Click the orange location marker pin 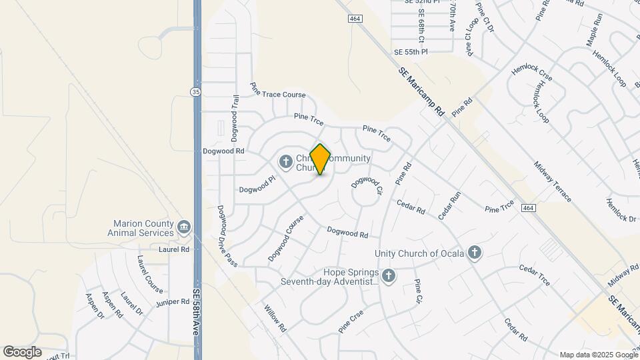pyautogui.click(x=321, y=159)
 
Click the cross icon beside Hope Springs pyautogui.click(x=389, y=275)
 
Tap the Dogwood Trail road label pyautogui.click(x=235, y=117)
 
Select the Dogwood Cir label pyautogui.click(x=368, y=185)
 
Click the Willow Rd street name pyautogui.click(x=275, y=319)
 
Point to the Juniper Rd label pyautogui.click(x=171, y=302)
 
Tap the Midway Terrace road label pyautogui.click(x=552, y=181)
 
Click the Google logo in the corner pyautogui.click(x=22, y=351)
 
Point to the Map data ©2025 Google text pyautogui.click(x=598, y=355)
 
